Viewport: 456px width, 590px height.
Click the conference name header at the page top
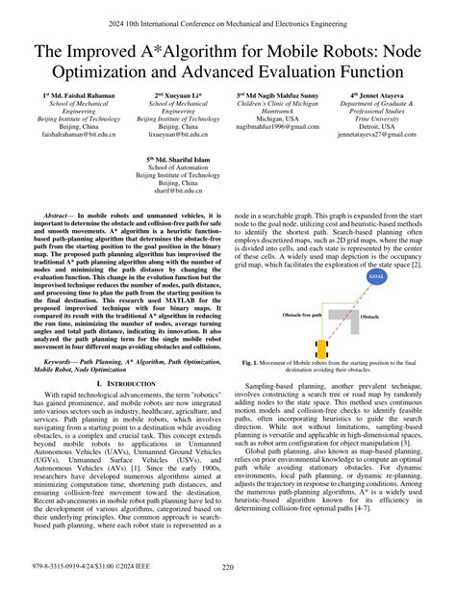tap(228, 17)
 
